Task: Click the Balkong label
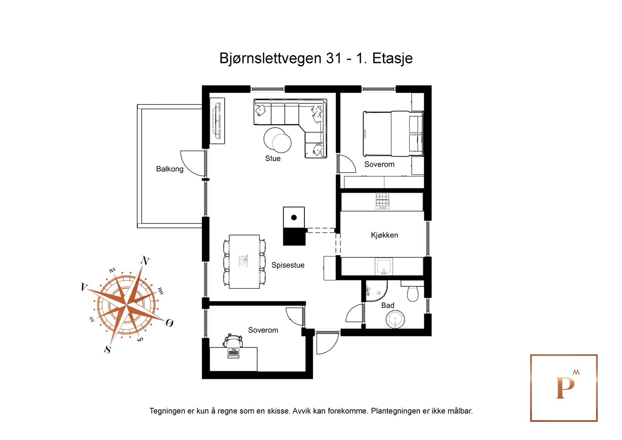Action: click(x=169, y=169)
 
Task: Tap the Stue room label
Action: click(x=273, y=159)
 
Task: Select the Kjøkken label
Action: click(x=384, y=235)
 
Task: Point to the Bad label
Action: click(x=388, y=306)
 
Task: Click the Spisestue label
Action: click(x=288, y=265)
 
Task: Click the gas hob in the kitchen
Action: click(x=383, y=201)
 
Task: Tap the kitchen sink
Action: click(x=384, y=266)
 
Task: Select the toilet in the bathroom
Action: click(x=412, y=291)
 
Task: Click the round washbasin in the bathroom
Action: click(x=395, y=319)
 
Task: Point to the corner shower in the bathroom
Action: click(x=376, y=291)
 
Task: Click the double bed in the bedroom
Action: click(x=393, y=134)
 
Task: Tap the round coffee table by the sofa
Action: click(x=277, y=140)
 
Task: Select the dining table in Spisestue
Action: click(x=245, y=262)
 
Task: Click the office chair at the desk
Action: click(x=233, y=340)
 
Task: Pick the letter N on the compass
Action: click(x=145, y=261)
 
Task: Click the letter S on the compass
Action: click(x=107, y=349)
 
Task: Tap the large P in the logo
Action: click(x=565, y=388)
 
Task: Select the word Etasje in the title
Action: click(x=392, y=59)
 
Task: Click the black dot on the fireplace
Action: click(x=294, y=218)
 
